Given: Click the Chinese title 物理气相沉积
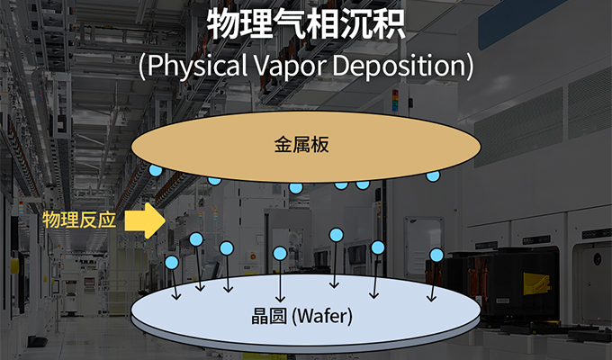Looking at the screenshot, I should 306,24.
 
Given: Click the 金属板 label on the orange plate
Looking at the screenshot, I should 303,144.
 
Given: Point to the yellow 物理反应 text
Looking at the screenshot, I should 79,220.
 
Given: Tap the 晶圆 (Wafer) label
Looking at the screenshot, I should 301,317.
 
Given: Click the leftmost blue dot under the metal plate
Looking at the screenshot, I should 156,170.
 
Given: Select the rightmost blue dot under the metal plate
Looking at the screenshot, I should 433,175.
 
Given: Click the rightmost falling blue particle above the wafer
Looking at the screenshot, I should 436,256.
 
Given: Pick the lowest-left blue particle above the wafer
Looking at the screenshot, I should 172,263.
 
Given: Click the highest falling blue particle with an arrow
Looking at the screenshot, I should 337,236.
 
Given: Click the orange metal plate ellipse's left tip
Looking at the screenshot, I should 131,144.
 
